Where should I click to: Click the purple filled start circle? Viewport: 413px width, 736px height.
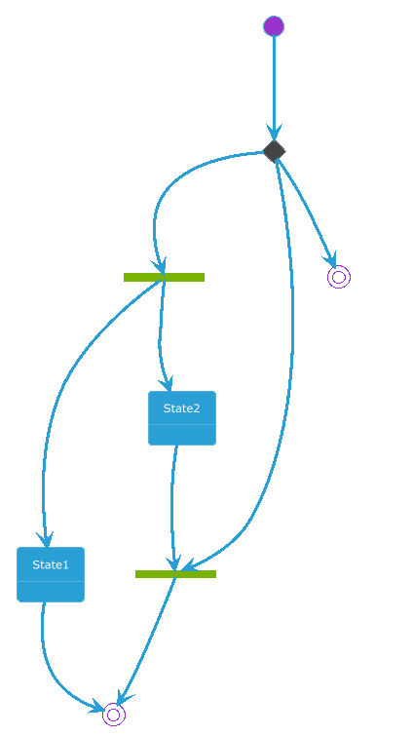274,25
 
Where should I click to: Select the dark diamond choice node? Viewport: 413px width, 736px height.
275,151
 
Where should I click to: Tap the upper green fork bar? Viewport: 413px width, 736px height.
164,278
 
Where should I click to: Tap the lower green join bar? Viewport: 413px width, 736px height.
175,574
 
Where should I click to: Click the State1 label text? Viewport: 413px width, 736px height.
51,564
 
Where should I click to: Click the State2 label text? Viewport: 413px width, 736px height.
182,408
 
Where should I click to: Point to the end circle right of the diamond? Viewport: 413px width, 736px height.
339,277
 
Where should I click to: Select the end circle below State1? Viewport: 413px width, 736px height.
114,715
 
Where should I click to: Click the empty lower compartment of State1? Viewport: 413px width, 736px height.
51,592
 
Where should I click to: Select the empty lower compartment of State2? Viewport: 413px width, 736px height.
182,435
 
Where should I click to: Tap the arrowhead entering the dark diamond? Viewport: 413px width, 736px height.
275,133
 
